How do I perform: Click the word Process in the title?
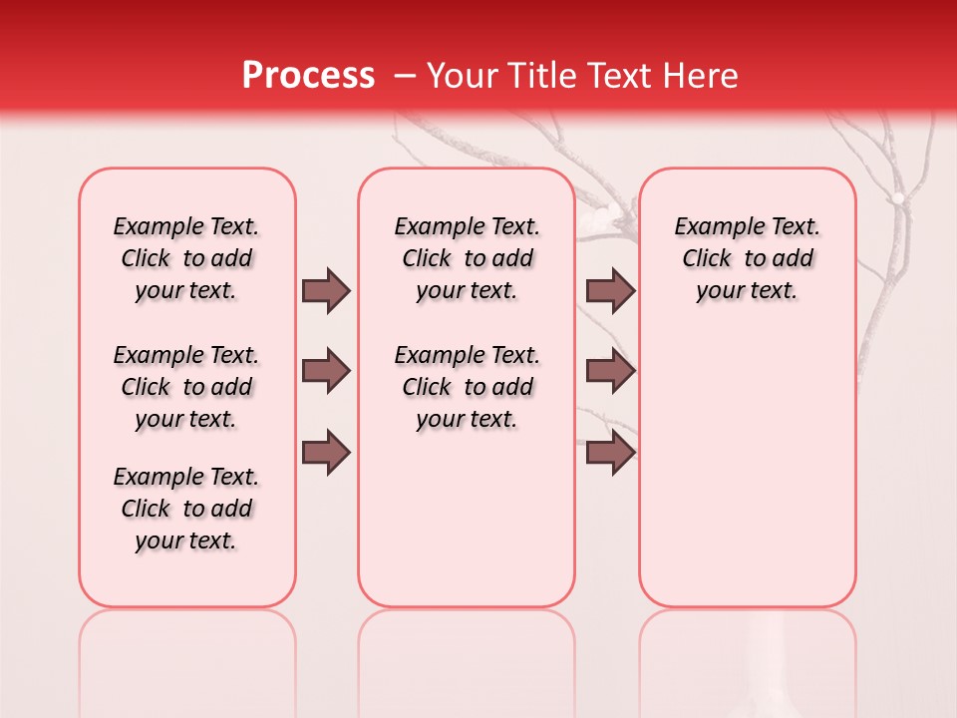coord(308,75)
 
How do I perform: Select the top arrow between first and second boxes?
coord(326,290)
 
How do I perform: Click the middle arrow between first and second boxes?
coord(326,371)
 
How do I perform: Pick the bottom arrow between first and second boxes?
coord(326,453)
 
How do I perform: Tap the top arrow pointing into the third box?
coord(610,290)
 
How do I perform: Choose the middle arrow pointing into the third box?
coord(610,371)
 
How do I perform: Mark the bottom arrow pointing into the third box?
coord(610,453)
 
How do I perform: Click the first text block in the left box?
coord(186,258)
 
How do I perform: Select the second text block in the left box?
coord(186,387)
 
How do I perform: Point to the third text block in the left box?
coord(186,509)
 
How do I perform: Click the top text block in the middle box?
coord(467,258)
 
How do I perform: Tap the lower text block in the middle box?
coord(467,387)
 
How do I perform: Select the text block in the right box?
coord(747,258)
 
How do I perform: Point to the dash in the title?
coord(405,75)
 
